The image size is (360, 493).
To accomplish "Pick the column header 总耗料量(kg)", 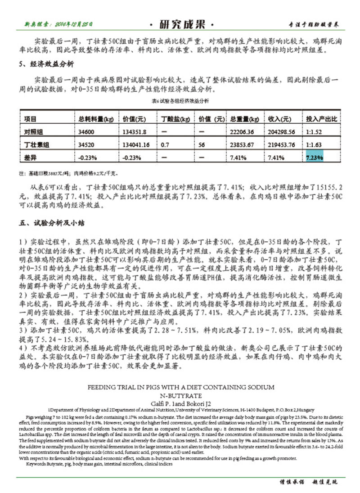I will [95, 119].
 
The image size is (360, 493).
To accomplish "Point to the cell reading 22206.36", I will [242, 132].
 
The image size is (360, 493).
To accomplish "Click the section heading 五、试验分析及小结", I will [49, 222].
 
